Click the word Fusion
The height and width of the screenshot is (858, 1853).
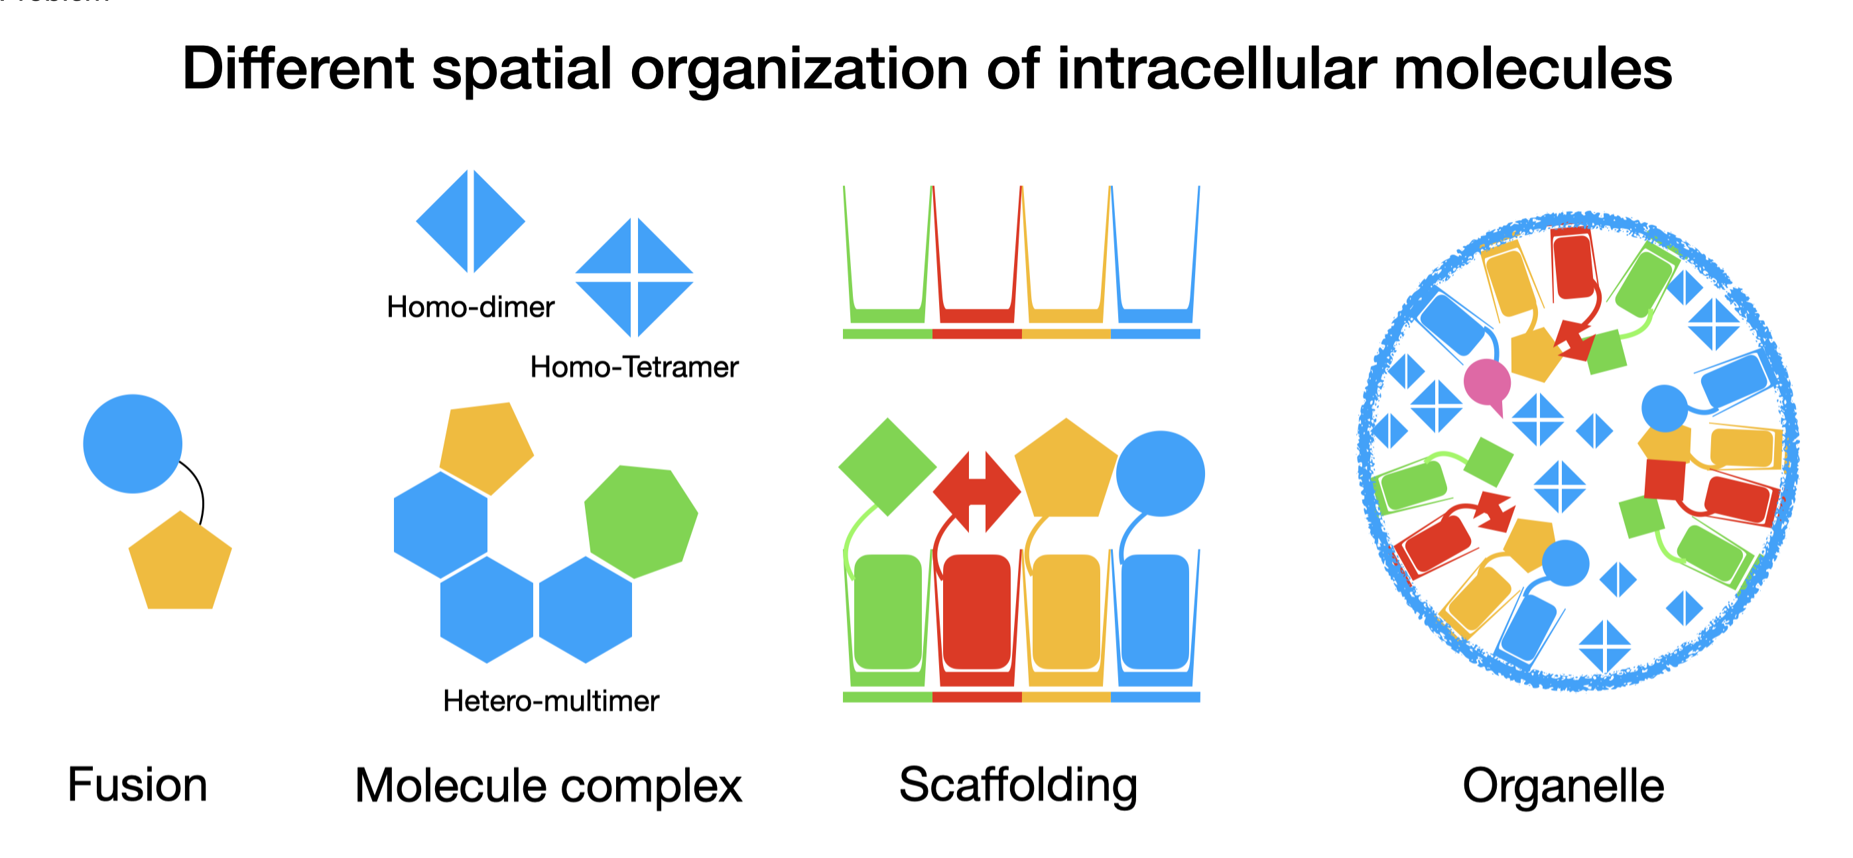137,784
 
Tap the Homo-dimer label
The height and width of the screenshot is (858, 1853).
470,307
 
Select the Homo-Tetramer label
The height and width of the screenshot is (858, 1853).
634,367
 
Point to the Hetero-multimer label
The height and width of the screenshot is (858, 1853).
551,700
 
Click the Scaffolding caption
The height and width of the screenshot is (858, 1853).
1018,784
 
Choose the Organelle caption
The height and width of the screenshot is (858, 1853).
1563,785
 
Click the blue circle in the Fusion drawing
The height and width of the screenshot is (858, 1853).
133,444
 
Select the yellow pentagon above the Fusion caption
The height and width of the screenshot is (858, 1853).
180,564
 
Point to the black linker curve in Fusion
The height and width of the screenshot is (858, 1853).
199,489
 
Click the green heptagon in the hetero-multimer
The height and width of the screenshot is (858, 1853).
640,520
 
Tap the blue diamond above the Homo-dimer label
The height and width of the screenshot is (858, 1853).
470,221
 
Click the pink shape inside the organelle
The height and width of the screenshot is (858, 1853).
1487,383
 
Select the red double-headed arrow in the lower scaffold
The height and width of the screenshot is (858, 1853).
976,492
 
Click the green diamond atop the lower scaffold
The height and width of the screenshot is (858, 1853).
887,467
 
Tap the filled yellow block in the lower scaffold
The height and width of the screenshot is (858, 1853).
1065,611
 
